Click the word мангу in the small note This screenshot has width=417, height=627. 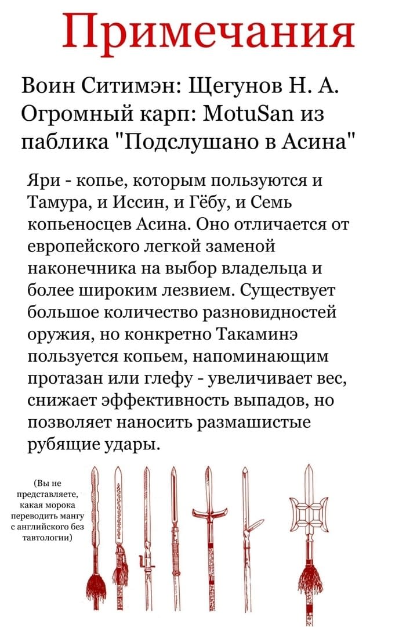point(72,516)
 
